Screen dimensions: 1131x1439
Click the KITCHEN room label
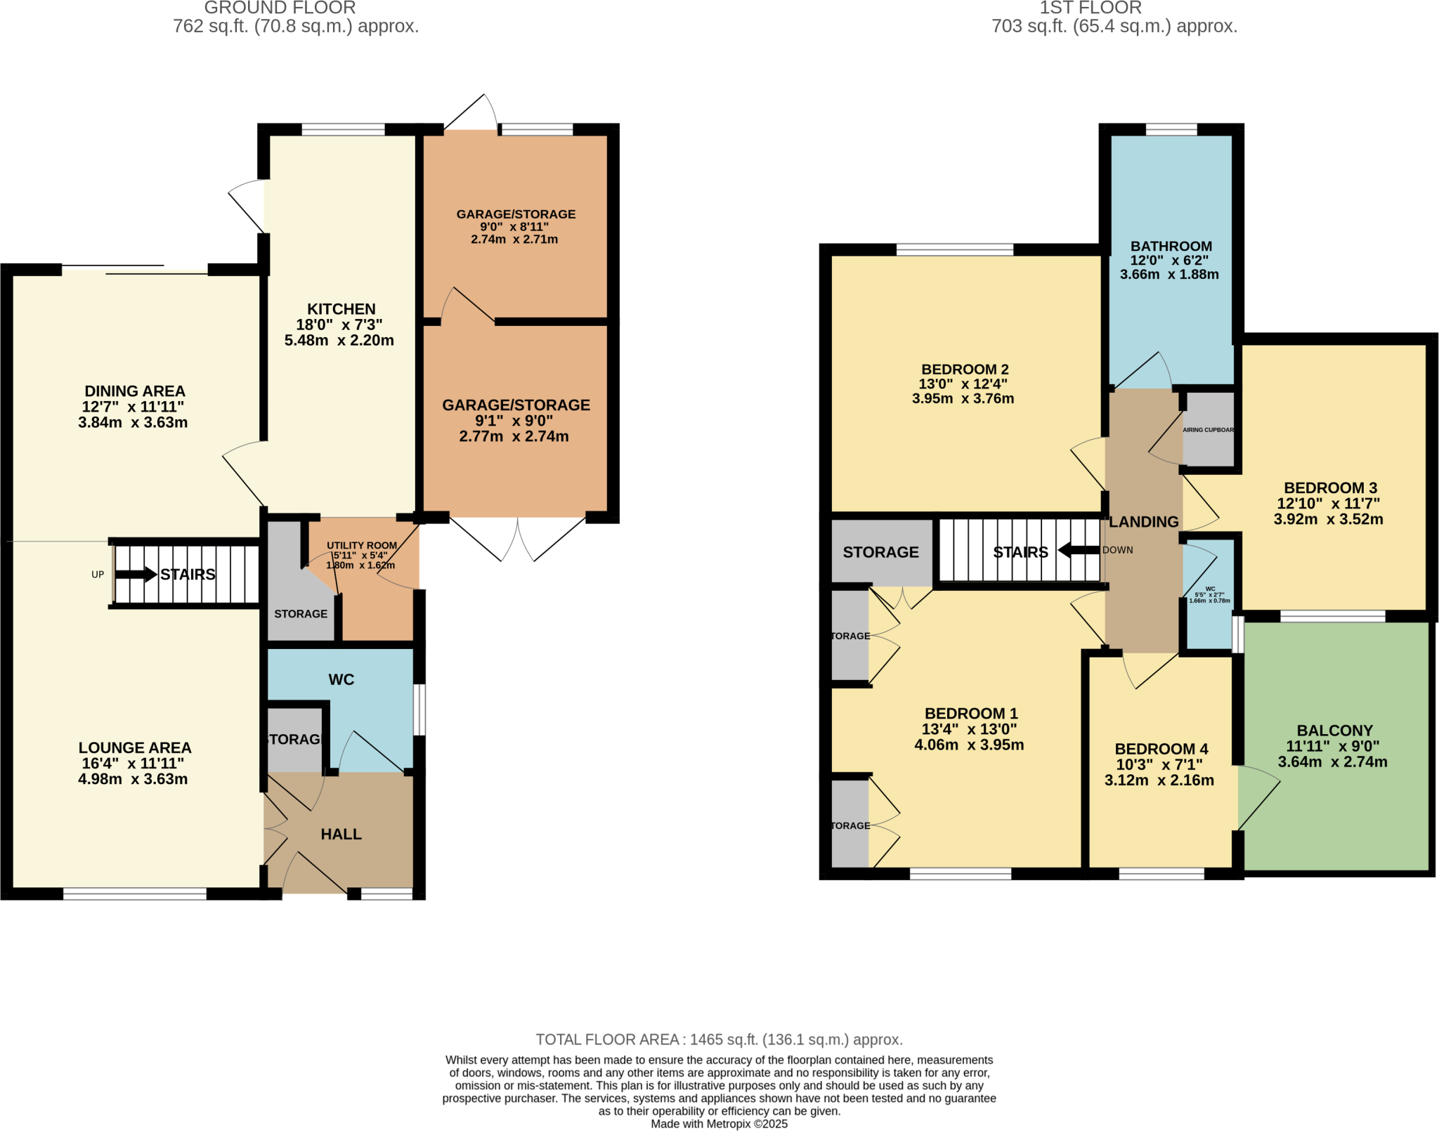pyautogui.click(x=341, y=309)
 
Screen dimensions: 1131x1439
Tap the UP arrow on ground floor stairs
pyautogui.click(x=136, y=575)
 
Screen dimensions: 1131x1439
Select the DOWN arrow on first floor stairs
pyautogui.click(x=1079, y=550)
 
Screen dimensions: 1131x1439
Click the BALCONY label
pyautogui.click(x=1334, y=731)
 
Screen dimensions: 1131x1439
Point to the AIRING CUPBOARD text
pyautogui.click(x=1208, y=430)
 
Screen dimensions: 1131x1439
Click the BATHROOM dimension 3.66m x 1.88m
pyautogui.click(x=1169, y=275)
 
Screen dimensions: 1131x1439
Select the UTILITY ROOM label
pyautogui.click(x=362, y=545)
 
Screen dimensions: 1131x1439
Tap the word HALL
pyautogui.click(x=341, y=835)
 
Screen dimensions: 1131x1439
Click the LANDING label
pyautogui.click(x=1144, y=522)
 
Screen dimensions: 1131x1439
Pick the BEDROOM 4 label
pyautogui.click(x=1161, y=749)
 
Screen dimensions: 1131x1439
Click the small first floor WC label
pyautogui.click(x=1210, y=589)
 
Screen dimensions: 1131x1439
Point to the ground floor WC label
pyautogui.click(x=341, y=679)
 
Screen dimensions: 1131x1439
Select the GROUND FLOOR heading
pyautogui.click(x=280, y=8)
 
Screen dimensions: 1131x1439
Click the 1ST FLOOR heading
pyautogui.click(x=1090, y=8)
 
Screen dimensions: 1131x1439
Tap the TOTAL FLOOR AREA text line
pyautogui.click(x=719, y=1040)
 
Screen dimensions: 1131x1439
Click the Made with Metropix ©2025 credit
pyautogui.click(x=719, y=1124)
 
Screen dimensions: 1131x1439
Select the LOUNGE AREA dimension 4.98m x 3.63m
pyautogui.click(x=133, y=779)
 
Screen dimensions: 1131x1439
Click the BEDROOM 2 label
pyautogui.click(x=965, y=370)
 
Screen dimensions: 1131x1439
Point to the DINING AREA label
pyautogui.click(x=135, y=391)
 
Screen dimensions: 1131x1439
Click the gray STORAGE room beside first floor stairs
pyautogui.click(x=880, y=552)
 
